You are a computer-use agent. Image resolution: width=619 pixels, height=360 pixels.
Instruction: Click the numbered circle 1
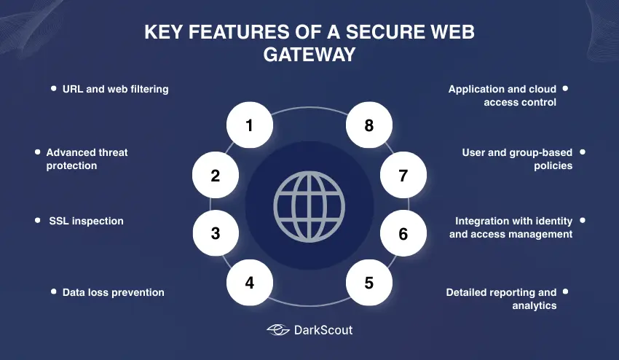point(250,125)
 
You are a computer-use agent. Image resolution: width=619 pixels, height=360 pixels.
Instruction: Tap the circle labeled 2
point(216,176)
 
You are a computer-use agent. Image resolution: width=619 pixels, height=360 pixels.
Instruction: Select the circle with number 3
point(216,234)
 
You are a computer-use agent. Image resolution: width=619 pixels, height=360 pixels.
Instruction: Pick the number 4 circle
point(250,282)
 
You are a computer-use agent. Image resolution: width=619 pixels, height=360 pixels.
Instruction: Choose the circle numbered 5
point(369,282)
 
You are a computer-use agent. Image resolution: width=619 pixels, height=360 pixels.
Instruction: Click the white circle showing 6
point(403,234)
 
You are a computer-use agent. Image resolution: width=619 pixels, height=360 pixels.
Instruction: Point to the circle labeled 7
point(403,176)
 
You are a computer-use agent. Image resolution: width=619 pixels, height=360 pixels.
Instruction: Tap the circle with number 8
point(369,125)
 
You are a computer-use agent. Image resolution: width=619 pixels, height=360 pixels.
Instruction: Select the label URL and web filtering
point(116,89)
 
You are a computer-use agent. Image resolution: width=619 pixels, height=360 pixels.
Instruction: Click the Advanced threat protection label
point(87,159)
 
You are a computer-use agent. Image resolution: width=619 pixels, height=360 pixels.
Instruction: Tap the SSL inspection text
point(86,220)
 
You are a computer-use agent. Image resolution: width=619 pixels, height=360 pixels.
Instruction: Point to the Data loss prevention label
point(113,292)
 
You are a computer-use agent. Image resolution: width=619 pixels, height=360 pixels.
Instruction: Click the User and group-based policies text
point(517,159)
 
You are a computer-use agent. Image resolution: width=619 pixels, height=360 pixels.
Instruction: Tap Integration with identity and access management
point(511,227)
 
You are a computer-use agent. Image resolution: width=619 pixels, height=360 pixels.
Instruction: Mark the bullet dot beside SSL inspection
point(37,220)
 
